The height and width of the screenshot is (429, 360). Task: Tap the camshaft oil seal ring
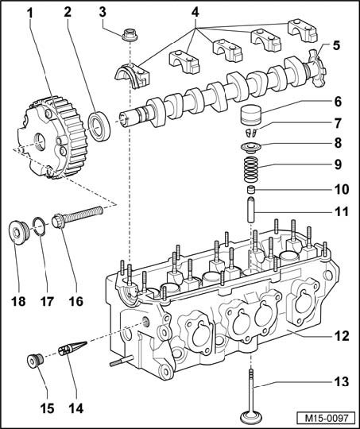[99, 126]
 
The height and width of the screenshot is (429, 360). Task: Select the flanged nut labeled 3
[130, 35]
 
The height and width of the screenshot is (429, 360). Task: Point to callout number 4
[195, 13]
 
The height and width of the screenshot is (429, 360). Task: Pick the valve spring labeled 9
[251, 170]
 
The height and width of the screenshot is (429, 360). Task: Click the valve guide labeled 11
[251, 209]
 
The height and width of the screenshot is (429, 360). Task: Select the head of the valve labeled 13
[251, 416]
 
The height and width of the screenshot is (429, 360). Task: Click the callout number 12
[342, 336]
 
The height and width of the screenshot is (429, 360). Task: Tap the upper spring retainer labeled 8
[251, 148]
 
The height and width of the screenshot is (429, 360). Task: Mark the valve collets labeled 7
[251, 132]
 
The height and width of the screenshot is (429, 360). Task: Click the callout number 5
[336, 45]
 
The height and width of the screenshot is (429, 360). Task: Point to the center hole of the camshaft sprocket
[39, 141]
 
